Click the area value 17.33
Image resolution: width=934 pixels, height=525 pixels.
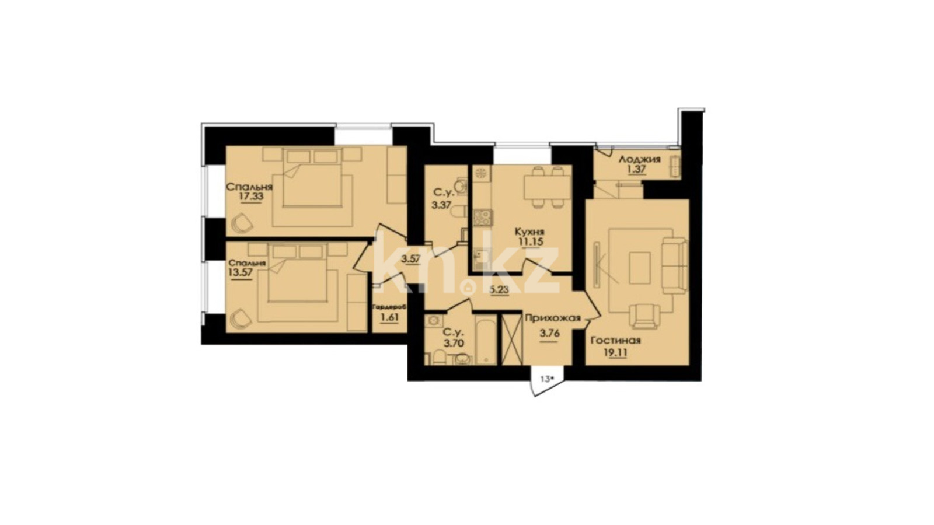[252, 197]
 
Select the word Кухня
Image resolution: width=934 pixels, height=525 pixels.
[529, 232]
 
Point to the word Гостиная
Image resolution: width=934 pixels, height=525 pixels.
[616, 341]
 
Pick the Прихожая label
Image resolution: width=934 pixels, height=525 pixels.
[552, 318]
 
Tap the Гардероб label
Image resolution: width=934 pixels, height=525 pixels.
[389, 307]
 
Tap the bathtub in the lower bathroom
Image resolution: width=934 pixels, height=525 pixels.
[486, 339]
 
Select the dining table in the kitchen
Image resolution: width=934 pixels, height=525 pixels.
[546, 187]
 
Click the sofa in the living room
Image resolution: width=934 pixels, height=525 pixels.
[674, 265]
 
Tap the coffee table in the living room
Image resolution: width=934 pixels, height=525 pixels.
[640, 268]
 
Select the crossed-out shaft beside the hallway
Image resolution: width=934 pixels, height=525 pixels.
[512, 339]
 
